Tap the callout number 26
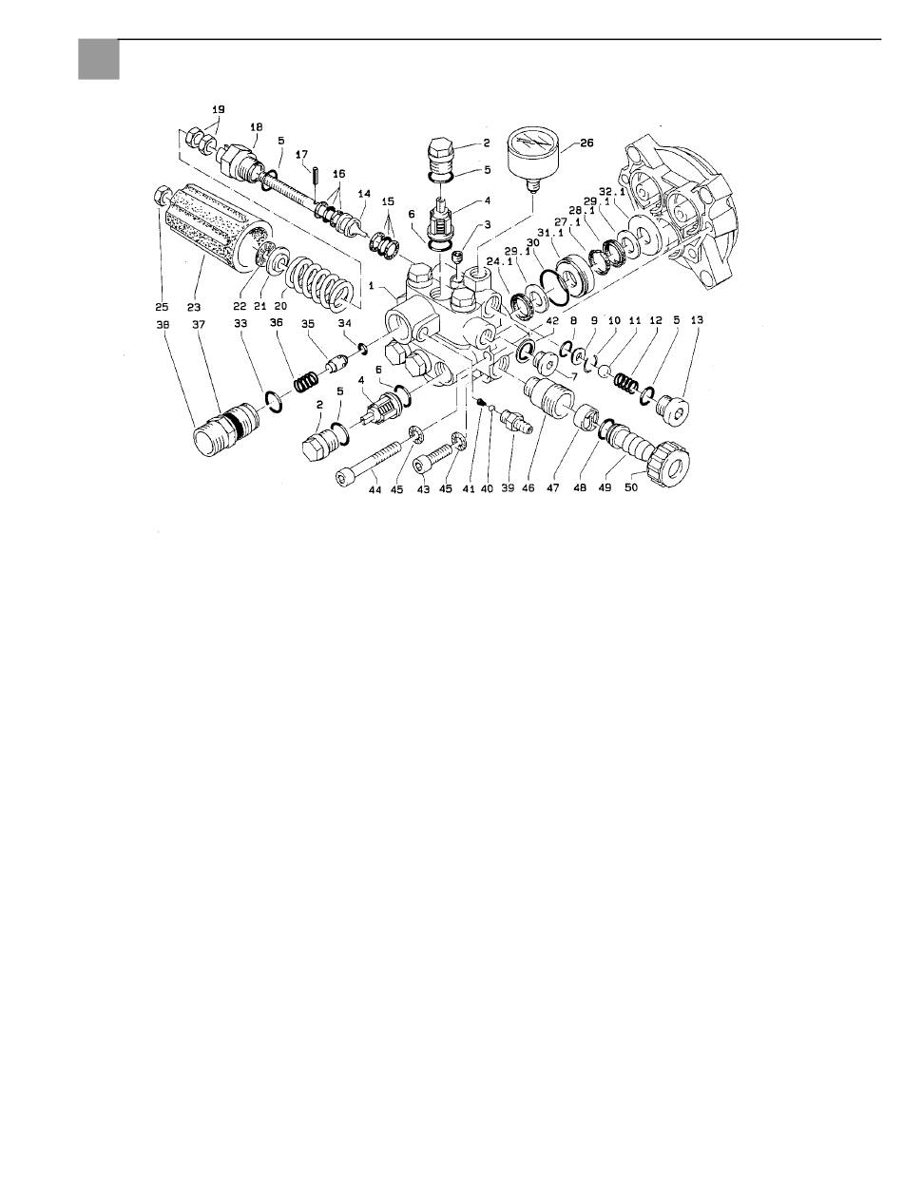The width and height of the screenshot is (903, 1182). tap(586, 143)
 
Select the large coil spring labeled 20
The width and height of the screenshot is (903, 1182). tap(318, 280)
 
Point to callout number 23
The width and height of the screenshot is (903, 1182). tap(194, 307)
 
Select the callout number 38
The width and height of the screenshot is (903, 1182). tap(163, 325)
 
